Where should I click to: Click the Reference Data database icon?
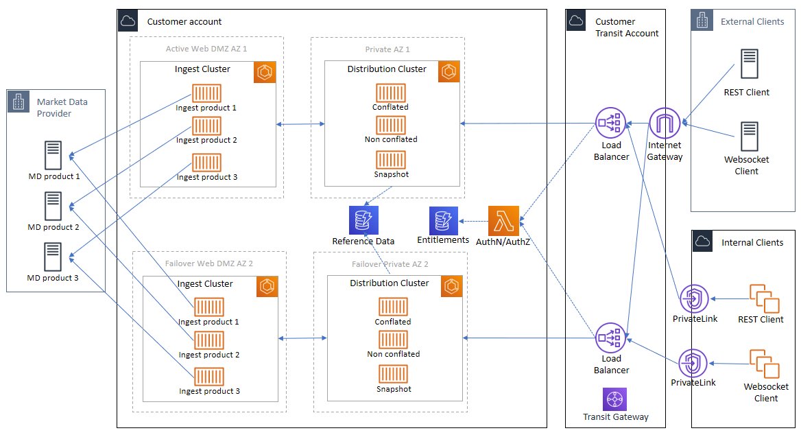363,220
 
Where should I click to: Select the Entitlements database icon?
444,221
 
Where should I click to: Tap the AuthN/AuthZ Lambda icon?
503,221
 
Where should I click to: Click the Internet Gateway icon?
665,124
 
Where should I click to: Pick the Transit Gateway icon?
614,399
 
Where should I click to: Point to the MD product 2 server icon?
53,205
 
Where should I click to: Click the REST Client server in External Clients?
750,63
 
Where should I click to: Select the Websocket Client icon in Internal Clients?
764,364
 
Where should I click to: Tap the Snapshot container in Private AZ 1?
391,159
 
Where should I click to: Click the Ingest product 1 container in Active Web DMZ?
206,93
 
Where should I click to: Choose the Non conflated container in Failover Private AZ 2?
394,340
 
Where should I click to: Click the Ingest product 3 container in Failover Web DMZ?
209,377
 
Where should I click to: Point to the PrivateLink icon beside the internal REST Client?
694,299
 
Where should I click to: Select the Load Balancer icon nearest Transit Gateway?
610,338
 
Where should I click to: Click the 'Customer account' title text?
184,21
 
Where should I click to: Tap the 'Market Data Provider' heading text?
62,107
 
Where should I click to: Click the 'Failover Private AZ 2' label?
390,263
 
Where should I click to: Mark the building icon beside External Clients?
702,21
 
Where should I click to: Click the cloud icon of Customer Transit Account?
576,21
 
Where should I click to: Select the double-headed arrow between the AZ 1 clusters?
300,124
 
